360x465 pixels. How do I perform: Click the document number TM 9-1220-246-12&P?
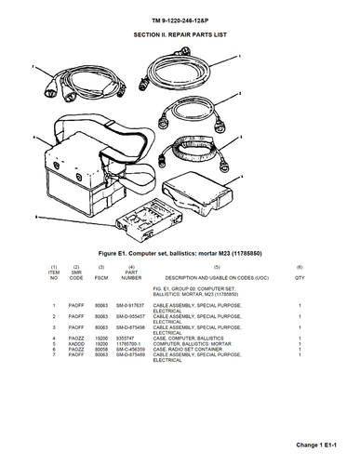180,18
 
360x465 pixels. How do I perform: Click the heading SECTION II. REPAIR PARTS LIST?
180,33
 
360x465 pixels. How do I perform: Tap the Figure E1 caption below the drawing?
180,253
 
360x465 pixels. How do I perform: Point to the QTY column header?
300,277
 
